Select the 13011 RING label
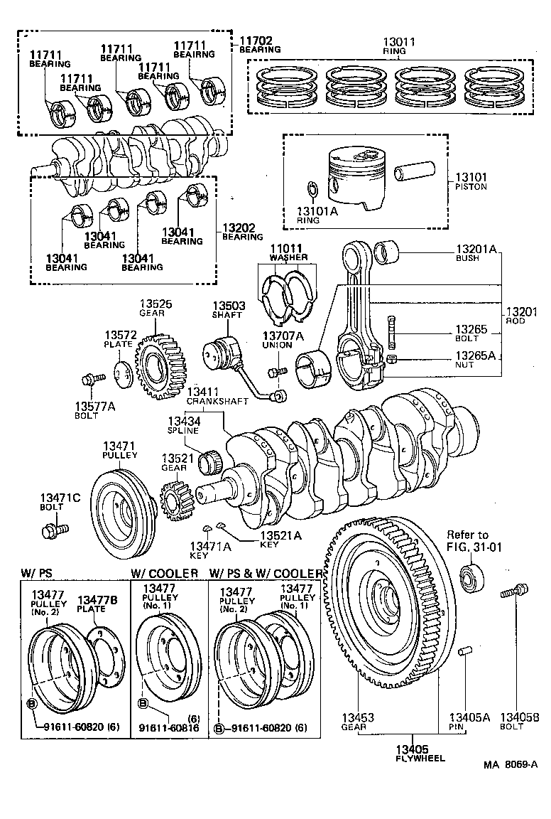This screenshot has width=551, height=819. click(393, 46)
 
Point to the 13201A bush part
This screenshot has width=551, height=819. click(390, 252)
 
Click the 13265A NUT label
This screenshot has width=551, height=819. click(475, 359)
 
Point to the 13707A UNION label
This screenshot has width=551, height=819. click(283, 340)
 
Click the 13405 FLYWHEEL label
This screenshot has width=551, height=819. click(422, 753)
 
